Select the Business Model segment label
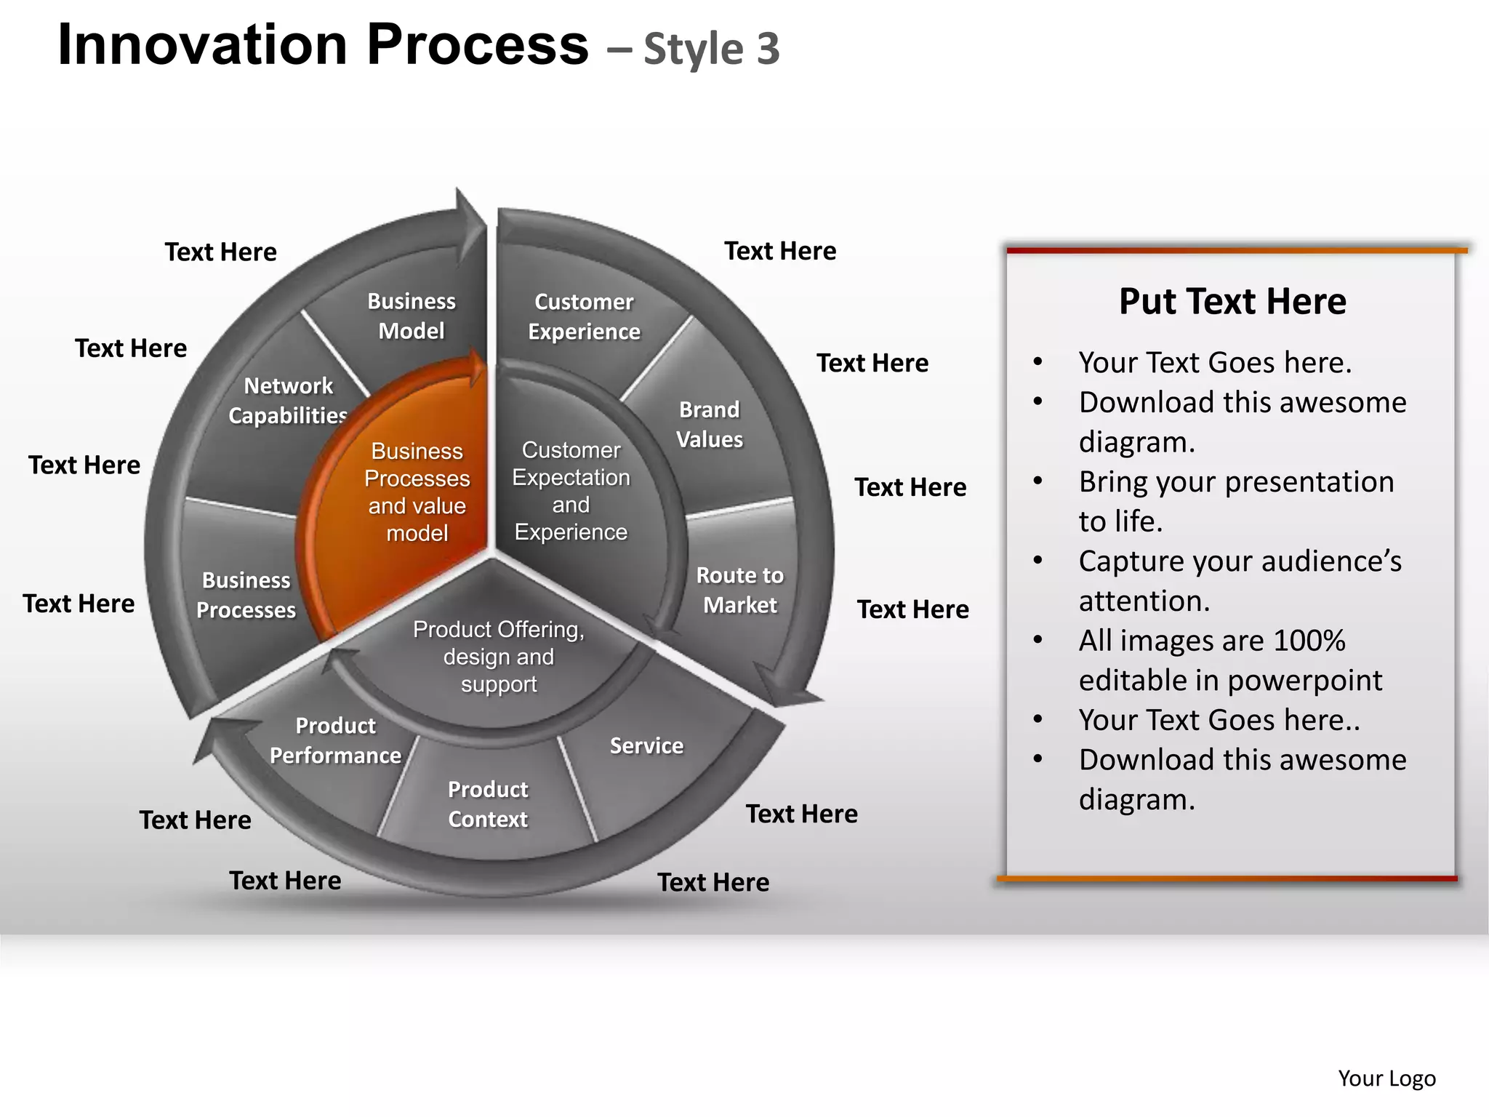click(412, 316)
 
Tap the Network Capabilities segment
click(288, 400)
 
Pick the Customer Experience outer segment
click(584, 316)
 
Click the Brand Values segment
click(710, 425)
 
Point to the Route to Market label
click(740, 590)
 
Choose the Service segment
click(646, 745)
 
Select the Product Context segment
click(488, 804)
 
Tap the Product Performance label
click(335, 740)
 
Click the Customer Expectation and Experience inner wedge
click(571, 491)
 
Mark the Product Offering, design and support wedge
click(499, 656)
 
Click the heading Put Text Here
click(1232, 301)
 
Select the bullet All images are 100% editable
click(1230, 660)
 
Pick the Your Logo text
click(1386, 1078)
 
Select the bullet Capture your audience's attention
click(1239, 581)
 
